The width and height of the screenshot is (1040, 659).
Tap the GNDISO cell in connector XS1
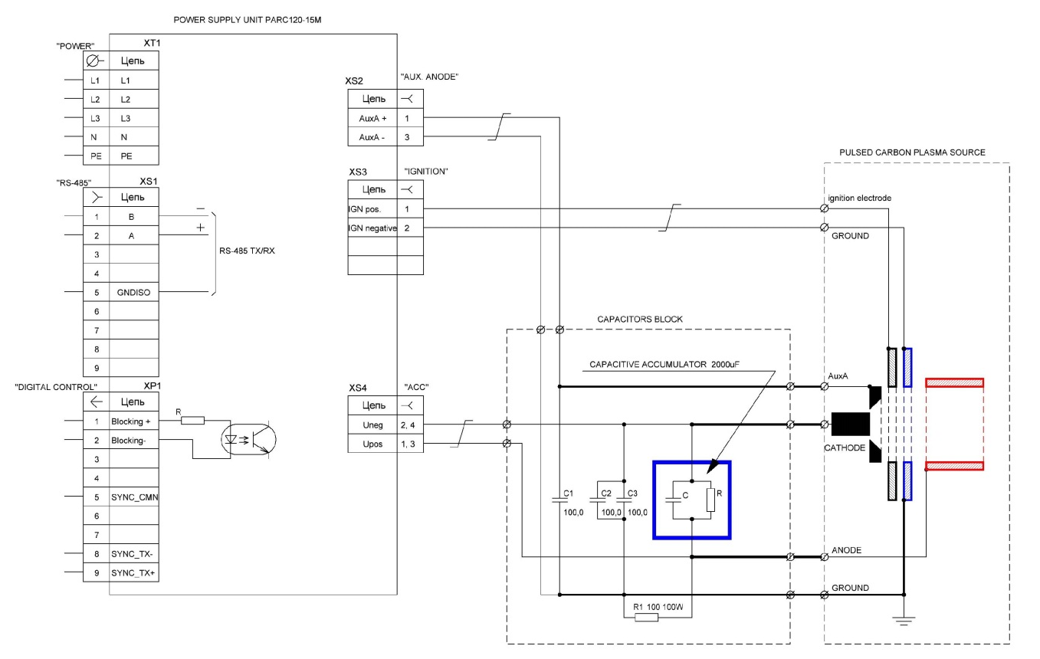point(134,292)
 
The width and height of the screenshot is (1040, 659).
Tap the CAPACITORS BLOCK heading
point(640,319)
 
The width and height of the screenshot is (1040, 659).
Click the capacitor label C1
point(568,493)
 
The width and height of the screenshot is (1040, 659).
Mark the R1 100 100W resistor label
point(657,607)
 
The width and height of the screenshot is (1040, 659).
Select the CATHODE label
point(845,447)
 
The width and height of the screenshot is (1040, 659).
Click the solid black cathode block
point(850,424)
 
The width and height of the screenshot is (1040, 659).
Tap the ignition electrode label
point(859,198)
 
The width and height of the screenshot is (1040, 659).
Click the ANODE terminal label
point(846,550)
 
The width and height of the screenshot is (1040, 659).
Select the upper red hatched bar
point(954,382)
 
